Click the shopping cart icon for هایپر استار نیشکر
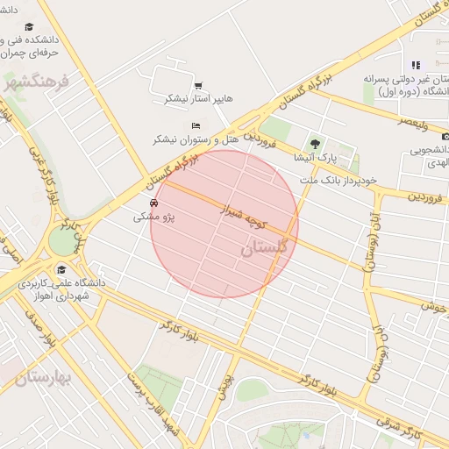click(198, 85)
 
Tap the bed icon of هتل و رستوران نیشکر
click(196, 126)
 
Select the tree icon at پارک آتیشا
click(315, 144)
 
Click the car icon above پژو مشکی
click(154, 202)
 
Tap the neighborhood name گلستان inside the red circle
click(263, 248)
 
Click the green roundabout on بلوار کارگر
click(63, 240)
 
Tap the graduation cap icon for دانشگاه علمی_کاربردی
click(61, 270)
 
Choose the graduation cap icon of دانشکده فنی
click(29, 26)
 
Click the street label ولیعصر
click(412, 123)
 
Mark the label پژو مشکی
click(154, 216)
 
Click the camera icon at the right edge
click(445, 136)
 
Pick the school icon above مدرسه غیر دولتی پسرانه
click(416, 64)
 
